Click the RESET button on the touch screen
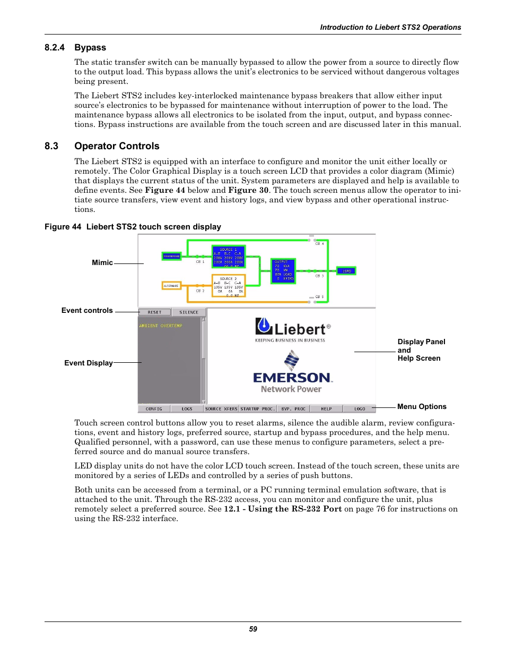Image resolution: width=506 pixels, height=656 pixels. pyautogui.click(x=154, y=312)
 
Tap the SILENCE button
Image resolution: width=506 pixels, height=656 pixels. pyautogui.click(x=188, y=312)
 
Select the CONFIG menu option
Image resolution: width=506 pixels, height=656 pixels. pyautogui.click(x=154, y=409)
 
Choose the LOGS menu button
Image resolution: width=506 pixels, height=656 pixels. pyautogui.click(x=187, y=409)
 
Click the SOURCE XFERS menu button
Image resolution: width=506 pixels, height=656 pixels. pyautogui.click(x=221, y=409)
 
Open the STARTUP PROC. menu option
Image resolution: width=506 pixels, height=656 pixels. pyautogui.click(x=257, y=409)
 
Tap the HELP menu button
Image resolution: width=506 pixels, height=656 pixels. pyautogui.click(x=326, y=409)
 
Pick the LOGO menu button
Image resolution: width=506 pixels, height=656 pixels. pyautogui.click(x=360, y=409)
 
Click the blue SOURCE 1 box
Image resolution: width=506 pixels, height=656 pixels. pyautogui.click(x=229, y=257)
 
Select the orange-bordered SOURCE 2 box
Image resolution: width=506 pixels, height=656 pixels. pyautogui.click(x=229, y=285)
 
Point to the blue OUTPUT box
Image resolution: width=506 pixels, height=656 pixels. pyautogui.click(x=283, y=271)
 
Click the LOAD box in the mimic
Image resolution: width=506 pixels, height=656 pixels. pyautogui.click(x=346, y=271)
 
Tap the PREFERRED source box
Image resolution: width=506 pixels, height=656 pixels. pyautogui.click(x=171, y=256)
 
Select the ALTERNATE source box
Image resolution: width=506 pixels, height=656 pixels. pyautogui.click(x=171, y=286)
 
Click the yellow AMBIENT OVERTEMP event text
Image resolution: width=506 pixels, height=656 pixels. pyautogui.click(x=161, y=326)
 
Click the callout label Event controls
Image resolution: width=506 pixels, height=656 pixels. pyautogui.click(x=87, y=311)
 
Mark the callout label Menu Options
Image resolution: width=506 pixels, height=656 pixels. pyautogui.click(x=422, y=407)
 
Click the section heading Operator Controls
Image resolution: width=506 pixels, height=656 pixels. pyautogui.click(x=117, y=146)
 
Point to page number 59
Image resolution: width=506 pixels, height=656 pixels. pyautogui.click(x=253, y=629)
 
